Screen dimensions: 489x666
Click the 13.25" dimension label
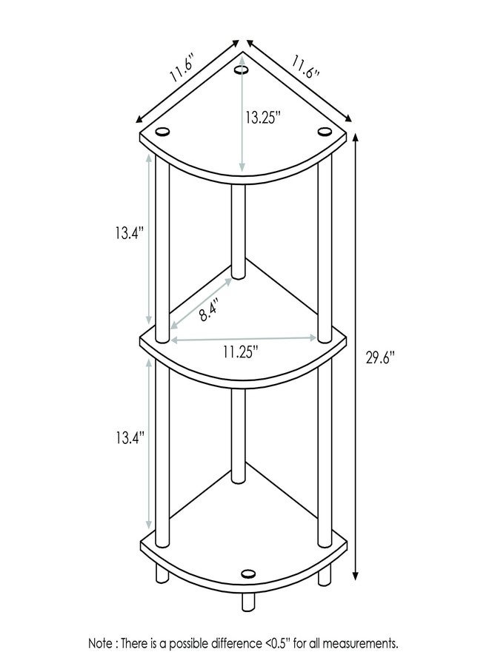click(x=263, y=117)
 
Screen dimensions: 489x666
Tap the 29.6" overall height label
click(x=381, y=358)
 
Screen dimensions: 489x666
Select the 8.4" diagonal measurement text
click(x=209, y=311)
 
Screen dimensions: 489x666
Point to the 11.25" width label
click(x=241, y=352)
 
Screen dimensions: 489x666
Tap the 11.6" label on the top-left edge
click(x=184, y=67)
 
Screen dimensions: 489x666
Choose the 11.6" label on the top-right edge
click(x=305, y=67)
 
